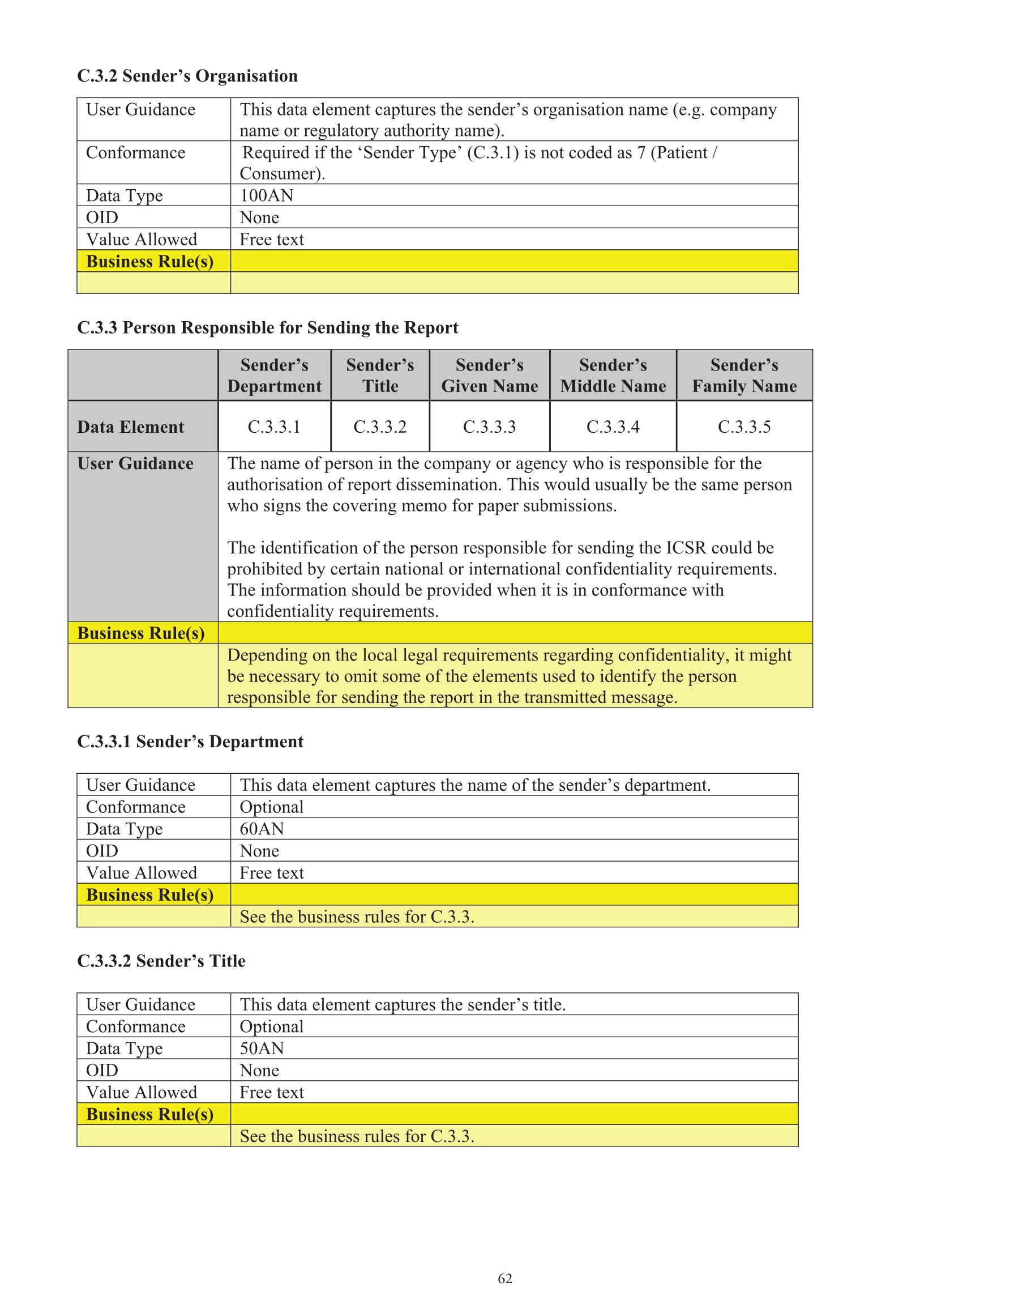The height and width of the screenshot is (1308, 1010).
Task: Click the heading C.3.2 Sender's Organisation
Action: coord(187,76)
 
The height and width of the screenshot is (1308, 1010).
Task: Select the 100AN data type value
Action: coord(267,196)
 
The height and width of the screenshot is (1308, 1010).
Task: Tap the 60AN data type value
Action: coord(262,829)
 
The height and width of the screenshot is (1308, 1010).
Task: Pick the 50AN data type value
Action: coord(262,1048)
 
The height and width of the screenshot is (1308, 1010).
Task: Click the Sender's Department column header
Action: coord(274,376)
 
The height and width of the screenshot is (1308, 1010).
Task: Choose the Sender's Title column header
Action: coord(380,376)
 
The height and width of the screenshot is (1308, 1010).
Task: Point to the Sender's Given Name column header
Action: coord(489,376)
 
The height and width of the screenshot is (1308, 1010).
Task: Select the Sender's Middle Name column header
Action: coord(613,376)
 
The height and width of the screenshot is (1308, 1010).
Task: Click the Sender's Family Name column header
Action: coord(744,376)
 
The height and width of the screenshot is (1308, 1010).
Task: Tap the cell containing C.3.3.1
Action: coord(274,427)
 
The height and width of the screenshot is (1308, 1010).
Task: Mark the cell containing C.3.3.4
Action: coord(613,427)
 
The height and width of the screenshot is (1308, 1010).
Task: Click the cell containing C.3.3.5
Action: coord(744,427)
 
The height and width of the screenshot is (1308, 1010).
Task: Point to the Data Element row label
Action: coord(131,427)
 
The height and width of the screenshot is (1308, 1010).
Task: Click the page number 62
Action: coord(504,1279)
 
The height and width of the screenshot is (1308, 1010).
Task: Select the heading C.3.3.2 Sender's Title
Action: coord(161,961)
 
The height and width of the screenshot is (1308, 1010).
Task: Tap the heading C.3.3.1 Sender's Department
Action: coord(190,742)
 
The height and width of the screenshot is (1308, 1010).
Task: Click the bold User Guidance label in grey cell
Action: coord(135,463)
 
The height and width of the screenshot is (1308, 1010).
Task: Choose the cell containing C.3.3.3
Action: coord(489,427)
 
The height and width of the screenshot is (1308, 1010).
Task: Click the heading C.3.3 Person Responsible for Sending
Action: coord(268,328)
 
